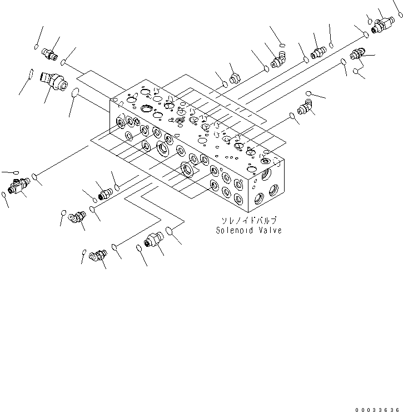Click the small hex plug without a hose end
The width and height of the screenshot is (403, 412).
coord(234,77)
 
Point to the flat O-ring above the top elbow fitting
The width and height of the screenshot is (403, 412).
coord(282,44)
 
